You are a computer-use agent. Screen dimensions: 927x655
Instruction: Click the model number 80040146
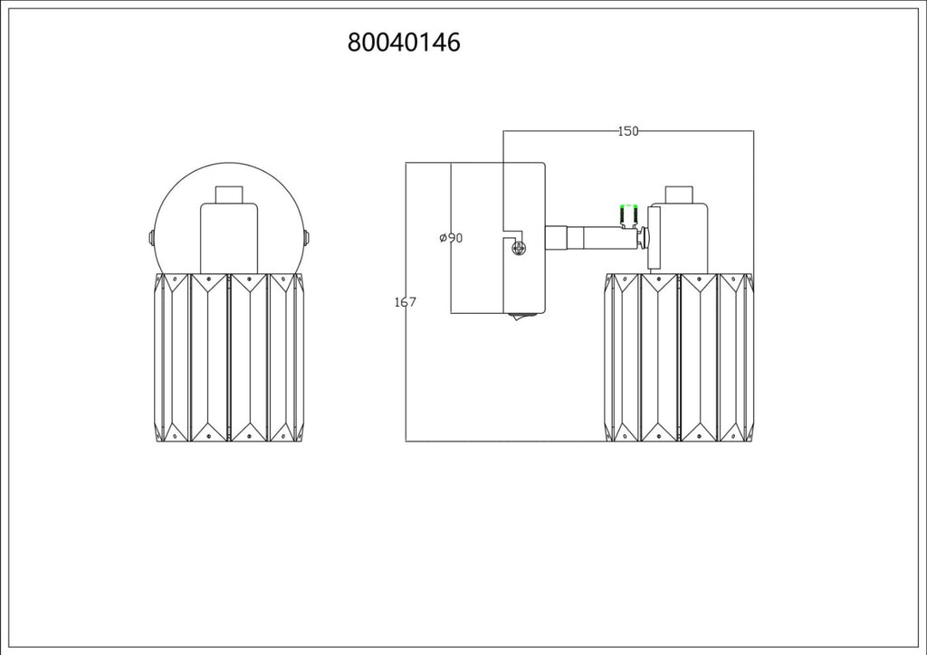[404, 43]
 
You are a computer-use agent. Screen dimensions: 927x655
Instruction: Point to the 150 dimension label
[628, 131]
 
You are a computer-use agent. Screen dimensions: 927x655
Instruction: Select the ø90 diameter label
[451, 238]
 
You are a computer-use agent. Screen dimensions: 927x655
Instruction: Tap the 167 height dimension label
[405, 302]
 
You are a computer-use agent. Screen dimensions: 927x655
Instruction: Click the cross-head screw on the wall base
[519, 249]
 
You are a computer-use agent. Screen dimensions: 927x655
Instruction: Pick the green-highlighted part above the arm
[628, 214]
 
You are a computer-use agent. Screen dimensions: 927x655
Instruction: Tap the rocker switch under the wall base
[522, 316]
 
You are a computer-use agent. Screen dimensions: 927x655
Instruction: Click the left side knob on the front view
[151, 238]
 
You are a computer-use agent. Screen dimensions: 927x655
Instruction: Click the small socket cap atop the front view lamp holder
[229, 195]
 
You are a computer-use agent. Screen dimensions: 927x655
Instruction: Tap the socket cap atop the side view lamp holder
[679, 195]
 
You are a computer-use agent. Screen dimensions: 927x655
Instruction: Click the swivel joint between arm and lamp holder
[643, 238]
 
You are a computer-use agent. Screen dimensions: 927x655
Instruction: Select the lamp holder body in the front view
[229, 239]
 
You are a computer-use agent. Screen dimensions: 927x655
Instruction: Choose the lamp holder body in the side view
[679, 239]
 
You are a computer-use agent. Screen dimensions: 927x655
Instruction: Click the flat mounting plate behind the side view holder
[654, 238]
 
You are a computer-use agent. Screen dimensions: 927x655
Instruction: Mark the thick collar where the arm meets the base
[556, 237]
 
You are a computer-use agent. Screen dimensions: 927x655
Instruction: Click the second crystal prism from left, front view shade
[209, 357]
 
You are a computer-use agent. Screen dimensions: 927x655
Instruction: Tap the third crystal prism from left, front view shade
[249, 357]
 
